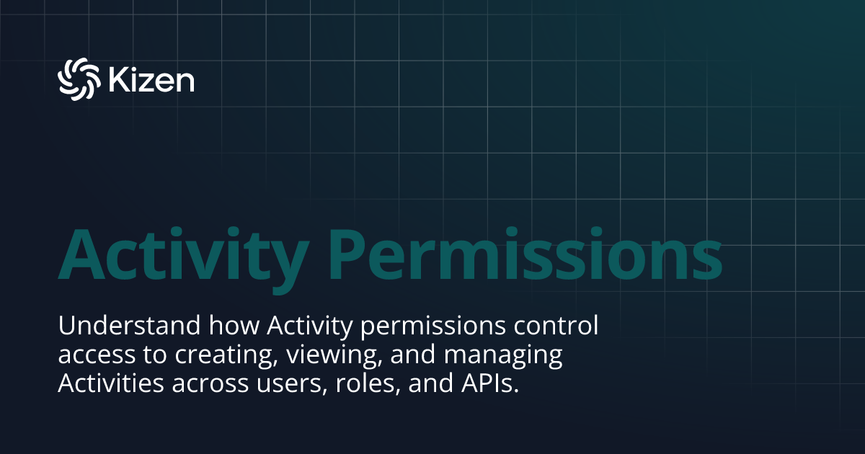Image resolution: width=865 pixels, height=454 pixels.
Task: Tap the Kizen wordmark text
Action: pyautogui.click(x=151, y=79)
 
